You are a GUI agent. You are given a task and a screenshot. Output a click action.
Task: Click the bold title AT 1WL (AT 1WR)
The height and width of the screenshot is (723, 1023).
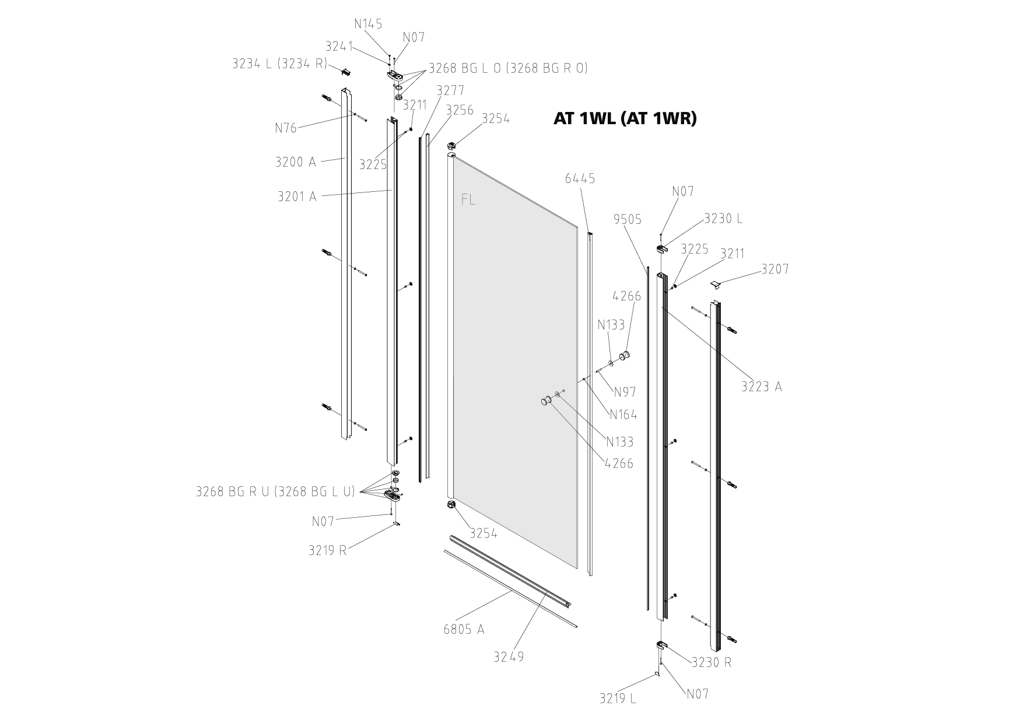click(625, 119)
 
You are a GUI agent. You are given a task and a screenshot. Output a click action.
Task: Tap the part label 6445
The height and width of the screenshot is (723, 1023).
click(580, 178)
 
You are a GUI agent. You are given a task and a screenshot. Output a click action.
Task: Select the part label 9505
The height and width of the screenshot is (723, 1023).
click(628, 219)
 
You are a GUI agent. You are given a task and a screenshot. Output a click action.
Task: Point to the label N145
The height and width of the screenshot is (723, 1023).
click(368, 24)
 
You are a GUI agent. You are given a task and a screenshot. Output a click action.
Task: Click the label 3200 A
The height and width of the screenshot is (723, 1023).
click(295, 162)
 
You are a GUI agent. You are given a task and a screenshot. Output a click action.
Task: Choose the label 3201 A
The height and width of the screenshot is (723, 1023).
click(297, 196)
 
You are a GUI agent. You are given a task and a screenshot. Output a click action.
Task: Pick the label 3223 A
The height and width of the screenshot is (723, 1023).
click(761, 386)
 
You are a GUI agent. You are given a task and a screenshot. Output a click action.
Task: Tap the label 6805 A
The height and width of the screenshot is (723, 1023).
click(464, 629)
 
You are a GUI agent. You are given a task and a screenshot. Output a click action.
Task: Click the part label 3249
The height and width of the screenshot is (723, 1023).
click(509, 657)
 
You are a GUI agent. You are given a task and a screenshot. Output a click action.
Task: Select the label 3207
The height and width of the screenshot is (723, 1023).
click(775, 269)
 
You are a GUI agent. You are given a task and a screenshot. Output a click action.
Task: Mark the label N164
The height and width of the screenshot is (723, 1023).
click(623, 415)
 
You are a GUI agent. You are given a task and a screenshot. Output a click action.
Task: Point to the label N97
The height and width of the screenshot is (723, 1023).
click(625, 392)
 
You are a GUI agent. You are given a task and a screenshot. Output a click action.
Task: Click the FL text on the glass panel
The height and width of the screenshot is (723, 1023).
click(468, 199)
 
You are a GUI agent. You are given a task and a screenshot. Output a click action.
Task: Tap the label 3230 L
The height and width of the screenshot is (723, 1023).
click(723, 219)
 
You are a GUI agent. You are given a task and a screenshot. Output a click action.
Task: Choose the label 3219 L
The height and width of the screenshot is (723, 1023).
click(618, 698)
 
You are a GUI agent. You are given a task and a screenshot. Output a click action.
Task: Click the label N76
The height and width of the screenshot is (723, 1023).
click(286, 128)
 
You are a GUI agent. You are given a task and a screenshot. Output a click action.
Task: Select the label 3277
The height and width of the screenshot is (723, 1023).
click(450, 90)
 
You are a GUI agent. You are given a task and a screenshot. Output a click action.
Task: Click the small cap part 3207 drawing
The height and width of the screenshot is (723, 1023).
click(716, 284)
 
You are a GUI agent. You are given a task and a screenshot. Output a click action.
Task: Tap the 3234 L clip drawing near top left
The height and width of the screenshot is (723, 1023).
click(346, 72)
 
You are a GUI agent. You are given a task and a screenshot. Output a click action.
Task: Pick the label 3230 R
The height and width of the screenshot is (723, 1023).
click(712, 662)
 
